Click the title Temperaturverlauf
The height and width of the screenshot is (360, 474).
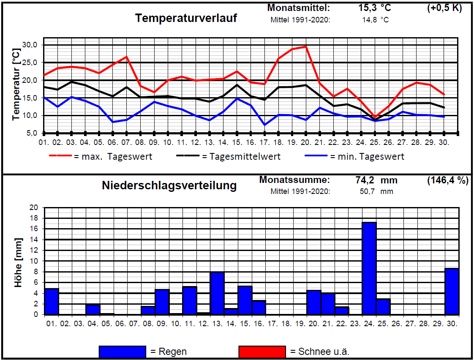click(x=186, y=19)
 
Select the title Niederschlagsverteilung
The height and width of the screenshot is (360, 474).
click(x=169, y=185)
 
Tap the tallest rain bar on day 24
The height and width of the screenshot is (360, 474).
click(x=369, y=268)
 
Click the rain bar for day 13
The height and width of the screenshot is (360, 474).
click(x=217, y=293)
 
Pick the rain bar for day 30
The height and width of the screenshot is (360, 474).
click(x=452, y=292)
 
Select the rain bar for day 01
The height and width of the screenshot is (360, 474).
click(x=52, y=302)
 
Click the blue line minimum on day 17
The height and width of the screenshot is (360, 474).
click(x=264, y=125)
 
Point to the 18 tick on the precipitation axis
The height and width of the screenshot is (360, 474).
click(x=34, y=218)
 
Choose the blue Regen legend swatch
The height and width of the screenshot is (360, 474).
click(x=122, y=352)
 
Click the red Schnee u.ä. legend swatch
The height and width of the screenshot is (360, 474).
click(x=262, y=352)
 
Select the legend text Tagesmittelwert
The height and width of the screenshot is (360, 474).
click(x=241, y=157)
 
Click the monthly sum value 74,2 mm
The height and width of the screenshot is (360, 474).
click(x=376, y=180)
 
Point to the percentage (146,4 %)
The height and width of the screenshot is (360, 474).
click(x=447, y=180)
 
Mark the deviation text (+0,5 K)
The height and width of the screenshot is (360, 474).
click(x=444, y=8)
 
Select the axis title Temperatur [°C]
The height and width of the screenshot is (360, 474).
click(x=16, y=85)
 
